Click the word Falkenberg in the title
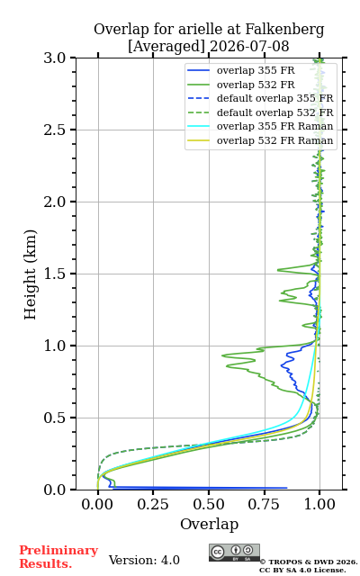click(x=284, y=30)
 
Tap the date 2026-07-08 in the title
click(x=249, y=47)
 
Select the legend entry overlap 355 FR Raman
click(x=274, y=126)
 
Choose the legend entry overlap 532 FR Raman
click(x=274, y=140)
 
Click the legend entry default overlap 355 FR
click(x=274, y=98)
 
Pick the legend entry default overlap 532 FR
click(x=274, y=112)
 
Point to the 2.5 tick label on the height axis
click(x=55, y=130)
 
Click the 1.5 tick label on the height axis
click(x=55, y=274)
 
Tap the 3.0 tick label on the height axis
click(x=55, y=58)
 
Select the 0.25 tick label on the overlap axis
click(x=153, y=505)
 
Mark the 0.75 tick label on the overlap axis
click(x=264, y=505)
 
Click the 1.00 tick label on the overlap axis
click(x=319, y=505)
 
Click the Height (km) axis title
click(x=31, y=274)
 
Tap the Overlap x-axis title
click(x=210, y=525)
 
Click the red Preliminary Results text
click(x=58, y=557)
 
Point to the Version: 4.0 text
click(x=144, y=561)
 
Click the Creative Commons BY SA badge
click(x=234, y=553)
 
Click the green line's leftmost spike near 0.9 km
click(x=222, y=355)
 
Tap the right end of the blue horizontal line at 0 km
click(x=286, y=488)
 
